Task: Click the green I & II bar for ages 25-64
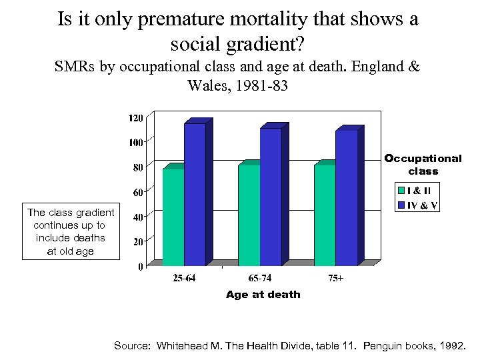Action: point(173,217)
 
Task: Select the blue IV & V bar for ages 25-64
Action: point(195,193)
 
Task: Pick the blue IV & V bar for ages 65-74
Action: point(271,195)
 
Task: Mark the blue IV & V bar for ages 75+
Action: point(347,196)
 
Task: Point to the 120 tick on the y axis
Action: point(135,117)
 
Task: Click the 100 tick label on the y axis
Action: point(135,142)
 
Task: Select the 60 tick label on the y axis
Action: point(137,192)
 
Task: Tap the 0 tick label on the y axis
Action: point(140,267)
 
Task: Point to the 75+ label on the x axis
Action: point(336,278)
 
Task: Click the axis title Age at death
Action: point(263,294)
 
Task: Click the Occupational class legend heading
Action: point(423,165)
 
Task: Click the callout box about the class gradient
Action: point(71,231)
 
